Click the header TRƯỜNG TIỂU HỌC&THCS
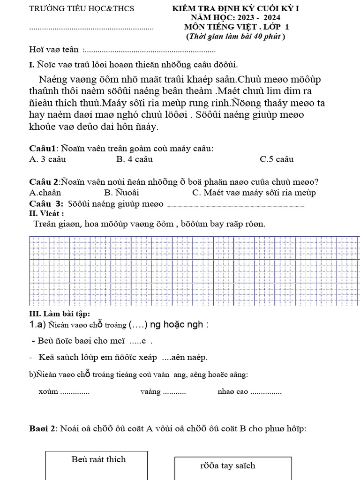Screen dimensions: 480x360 coord(82,8)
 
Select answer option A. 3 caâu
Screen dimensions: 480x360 coord(47,159)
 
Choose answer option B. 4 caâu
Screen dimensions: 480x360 coord(135,159)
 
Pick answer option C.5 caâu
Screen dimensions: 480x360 coord(277,159)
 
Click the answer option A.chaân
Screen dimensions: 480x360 coord(45,192)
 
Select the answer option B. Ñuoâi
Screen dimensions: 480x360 coord(122,192)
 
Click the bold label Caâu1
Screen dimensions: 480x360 coord(42,149)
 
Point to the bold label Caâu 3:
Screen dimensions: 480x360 coord(46,203)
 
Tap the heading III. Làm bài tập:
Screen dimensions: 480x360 coord(60,313)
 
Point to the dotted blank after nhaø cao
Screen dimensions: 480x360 coord(266,392)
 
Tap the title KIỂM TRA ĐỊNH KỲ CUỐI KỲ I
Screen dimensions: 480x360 coord(235,9)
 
